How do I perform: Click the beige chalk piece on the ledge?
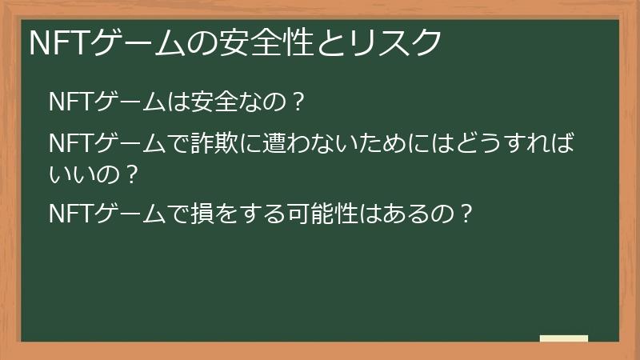564,339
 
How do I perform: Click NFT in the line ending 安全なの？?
71,102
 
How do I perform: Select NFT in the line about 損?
71,214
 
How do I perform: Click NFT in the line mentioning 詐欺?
71,146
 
